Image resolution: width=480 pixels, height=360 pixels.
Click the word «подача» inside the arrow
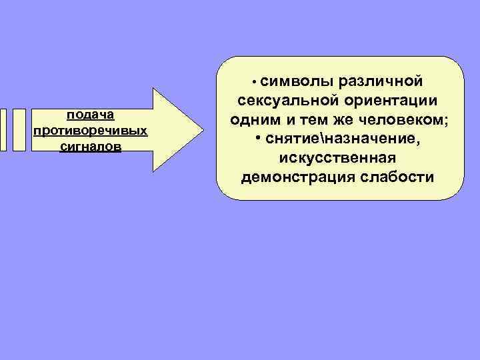pos(90,115)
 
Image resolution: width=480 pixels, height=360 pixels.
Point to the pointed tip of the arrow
pos(202,130)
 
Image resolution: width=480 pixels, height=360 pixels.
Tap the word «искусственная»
pos(338,159)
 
